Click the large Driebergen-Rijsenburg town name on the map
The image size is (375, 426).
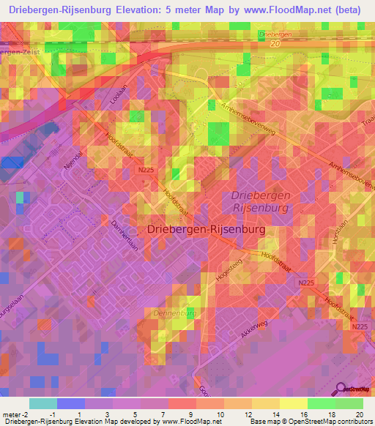(x=206, y=229)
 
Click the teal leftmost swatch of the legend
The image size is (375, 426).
(x=42, y=403)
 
